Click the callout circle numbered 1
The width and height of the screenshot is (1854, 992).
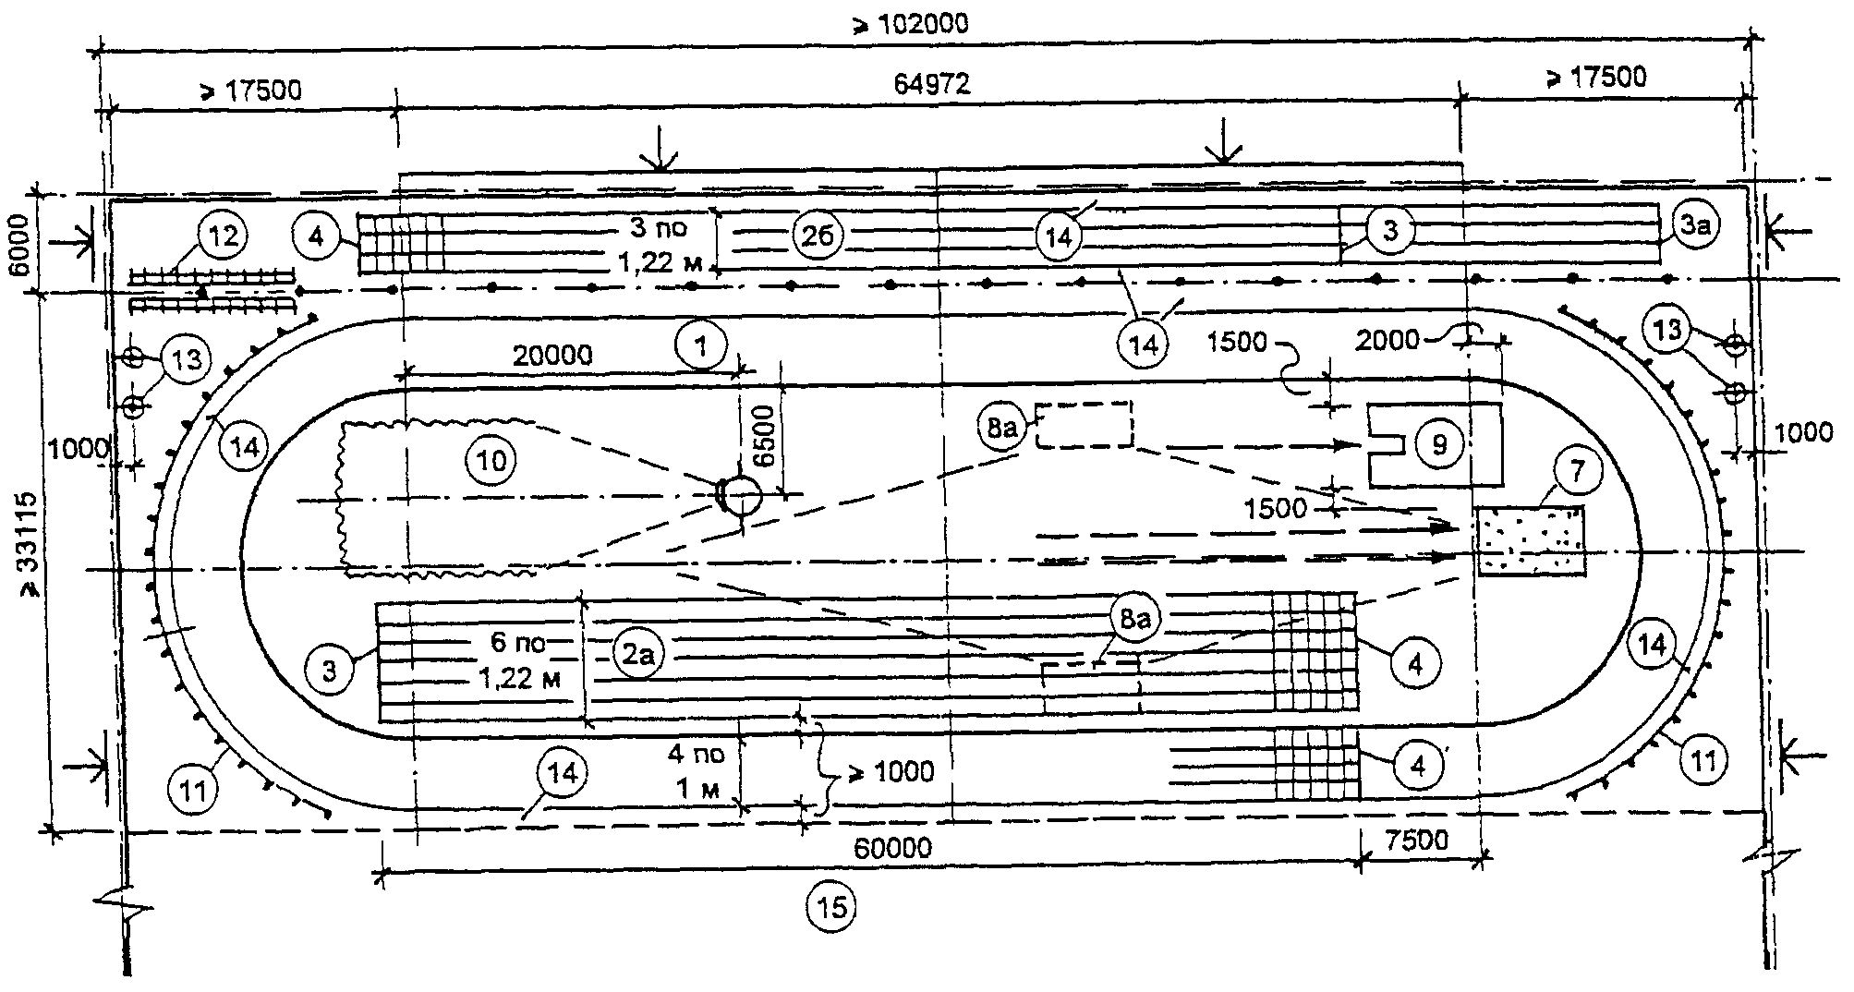tap(702, 348)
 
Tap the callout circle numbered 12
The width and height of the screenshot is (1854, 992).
tap(223, 236)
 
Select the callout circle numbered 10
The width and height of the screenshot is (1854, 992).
tap(491, 459)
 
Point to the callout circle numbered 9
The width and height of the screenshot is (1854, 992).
tap(1438, 445)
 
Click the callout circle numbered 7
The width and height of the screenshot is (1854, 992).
tap(1577, 472)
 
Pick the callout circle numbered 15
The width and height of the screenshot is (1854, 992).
tap(831, 907)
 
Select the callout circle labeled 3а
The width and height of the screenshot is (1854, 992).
tap(1695, 226)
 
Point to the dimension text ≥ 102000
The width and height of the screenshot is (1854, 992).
tap(910, 25)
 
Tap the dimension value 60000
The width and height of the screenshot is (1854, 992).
tap(891, 847)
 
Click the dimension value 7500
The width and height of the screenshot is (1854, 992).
tap(1417, 841)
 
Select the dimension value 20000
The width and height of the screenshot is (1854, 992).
tap(552, 355)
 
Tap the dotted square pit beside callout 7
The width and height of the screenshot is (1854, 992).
tap(1530, 540)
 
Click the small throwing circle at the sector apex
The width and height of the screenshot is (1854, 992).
tap(740, 496)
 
